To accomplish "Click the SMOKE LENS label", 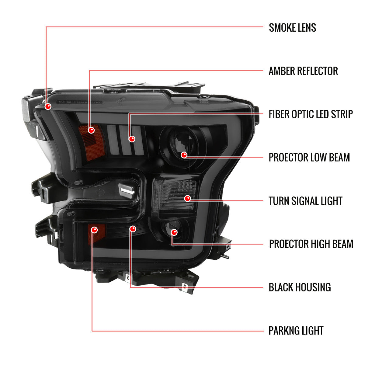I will click(292, 28).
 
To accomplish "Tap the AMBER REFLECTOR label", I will click(303, 71).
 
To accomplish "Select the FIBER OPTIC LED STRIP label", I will click(311, 114).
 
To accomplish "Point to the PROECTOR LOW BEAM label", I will click(309, 158).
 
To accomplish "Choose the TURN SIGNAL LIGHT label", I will click(305, 201).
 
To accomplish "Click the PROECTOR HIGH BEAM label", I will click(311, 244).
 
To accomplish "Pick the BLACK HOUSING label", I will click(300, 287).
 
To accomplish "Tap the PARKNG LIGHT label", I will click(296, 331).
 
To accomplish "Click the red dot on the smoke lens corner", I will click(48, 106).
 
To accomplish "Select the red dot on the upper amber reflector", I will click(91, 130).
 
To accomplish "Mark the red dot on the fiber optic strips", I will click(132, 139).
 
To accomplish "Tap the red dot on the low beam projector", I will click(184, 155).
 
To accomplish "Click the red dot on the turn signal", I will click(188, 199).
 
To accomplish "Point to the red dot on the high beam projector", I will click(174, 232).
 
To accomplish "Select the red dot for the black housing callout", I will click(133, 228).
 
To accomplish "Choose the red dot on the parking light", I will click(94, 230).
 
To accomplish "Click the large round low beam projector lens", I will click(179, 143).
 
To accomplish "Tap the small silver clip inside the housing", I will click(127, 189).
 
